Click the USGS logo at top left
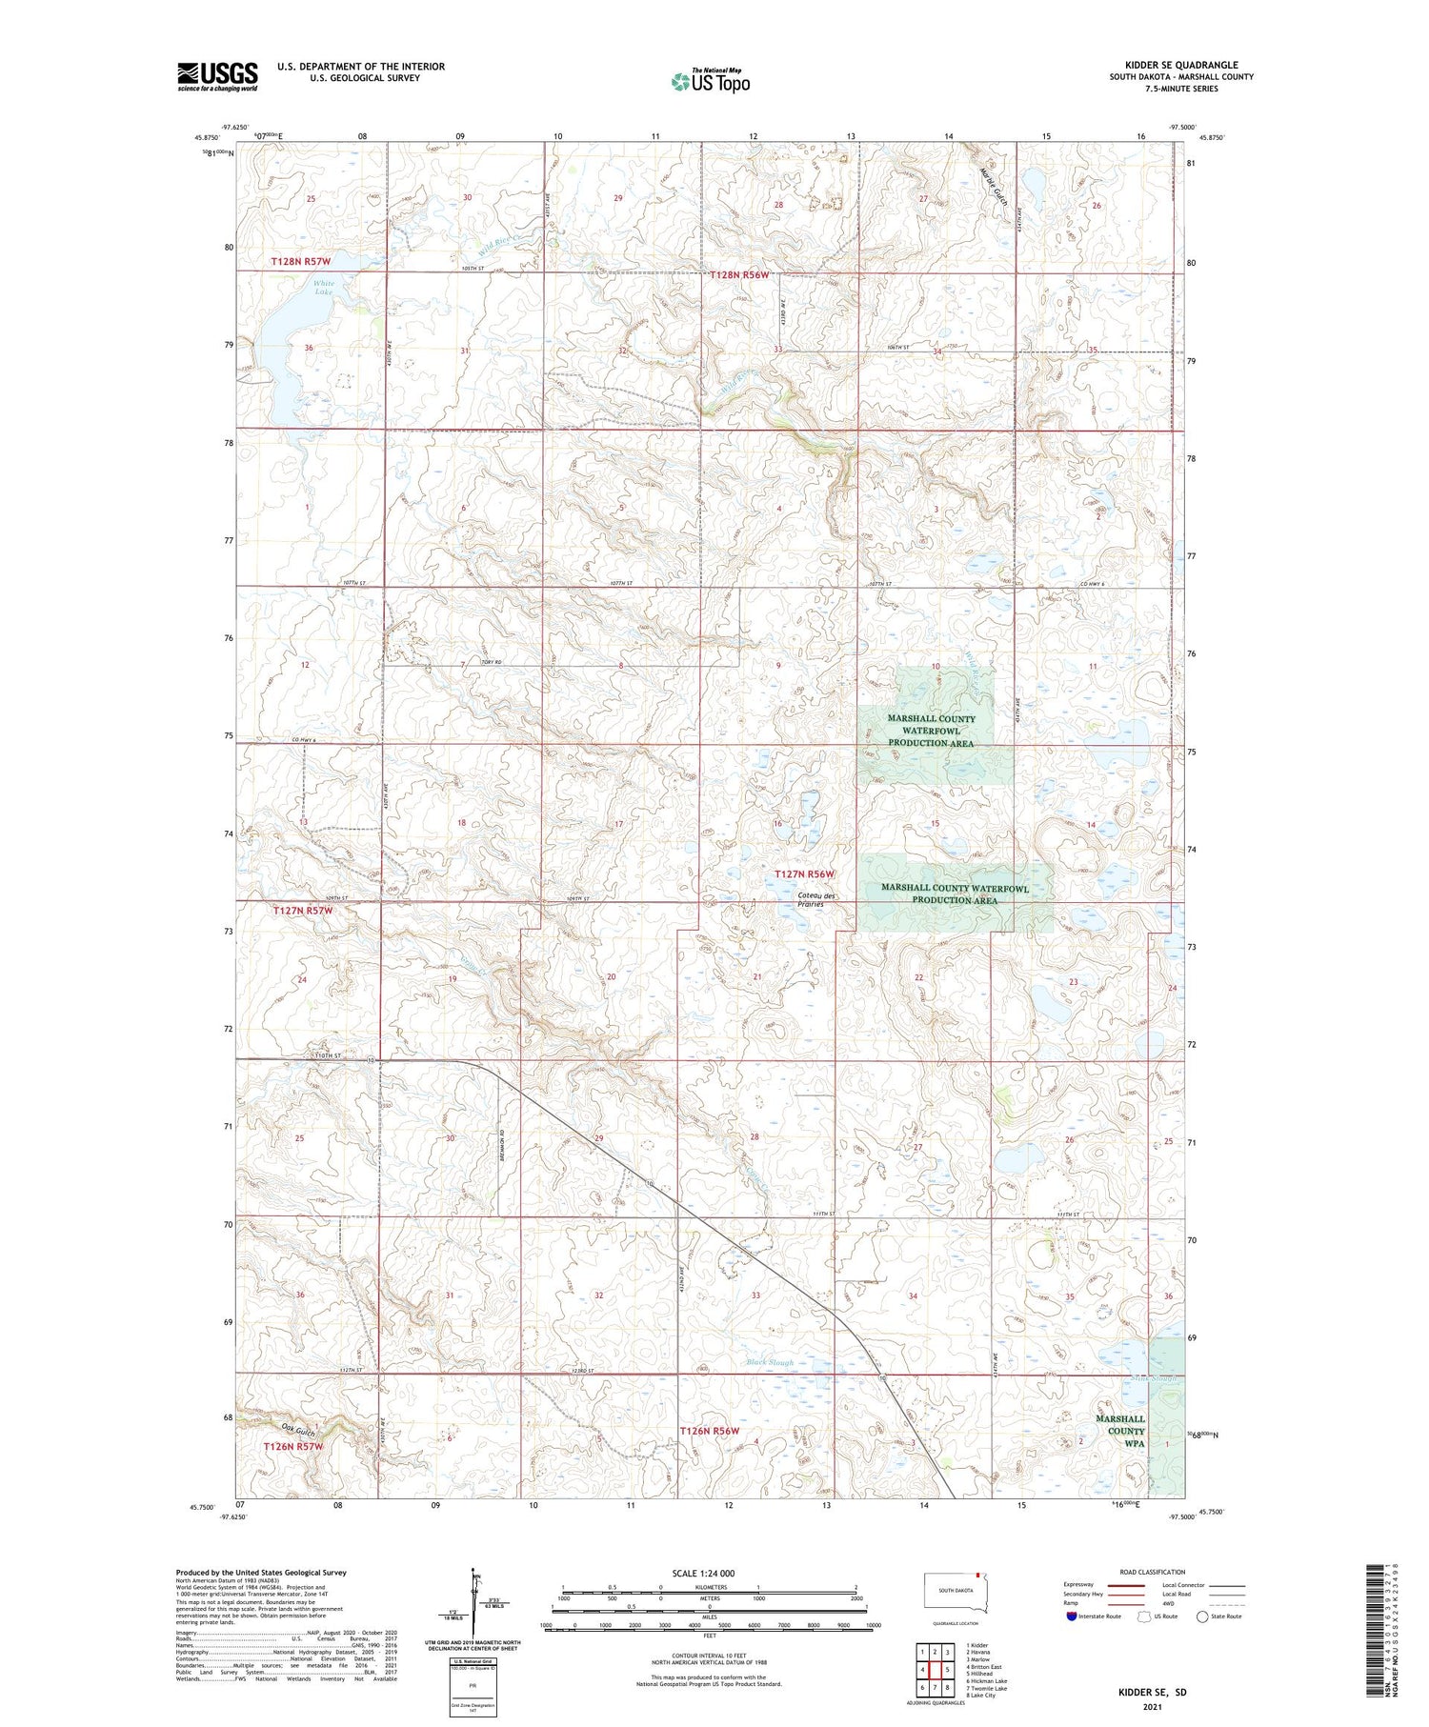click(217, 76)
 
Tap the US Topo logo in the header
click(710, 82)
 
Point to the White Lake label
click(324, 288)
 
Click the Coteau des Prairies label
click(816, 899)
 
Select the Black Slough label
click(770, 1363)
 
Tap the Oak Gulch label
click(298, 1429)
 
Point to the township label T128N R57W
click(300, 261)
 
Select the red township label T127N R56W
click(804, 874)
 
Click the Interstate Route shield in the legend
click(1072, 1616)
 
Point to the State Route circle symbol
click(1203, 1616)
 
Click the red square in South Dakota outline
click(977, 1575)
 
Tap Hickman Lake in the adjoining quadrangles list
click(987, 1681)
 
